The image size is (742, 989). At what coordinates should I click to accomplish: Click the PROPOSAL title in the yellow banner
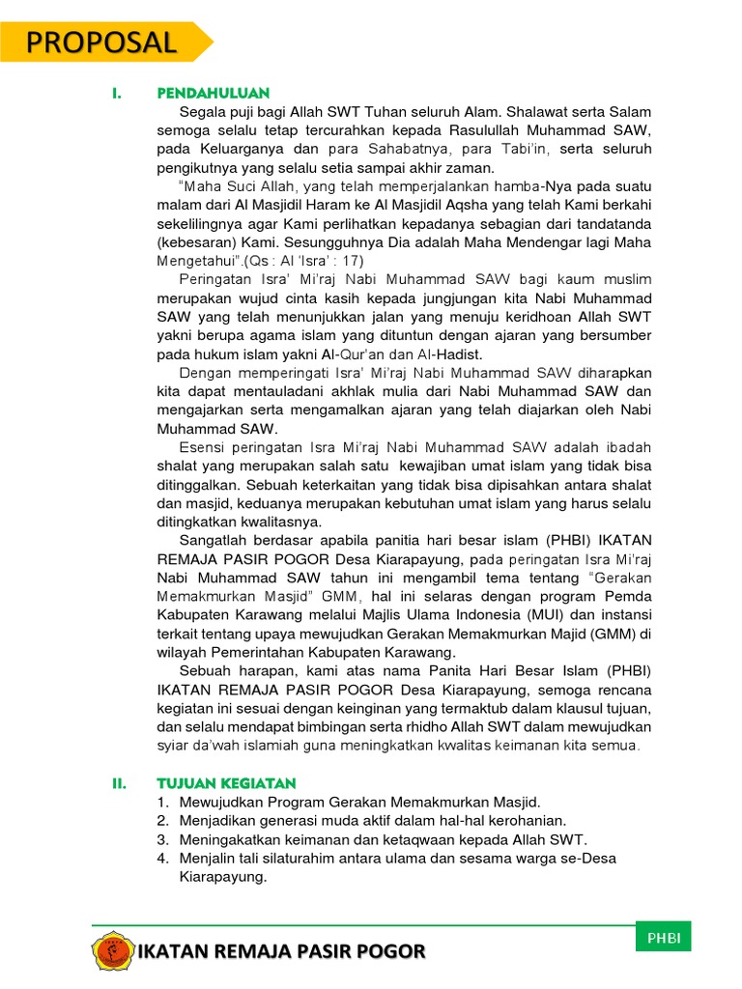coord(101,42)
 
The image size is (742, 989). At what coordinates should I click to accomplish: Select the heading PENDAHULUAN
coord(212,94)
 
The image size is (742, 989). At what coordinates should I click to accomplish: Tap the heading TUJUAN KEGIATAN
coord(226,783)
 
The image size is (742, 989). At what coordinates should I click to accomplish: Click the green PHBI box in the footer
coord(664,937)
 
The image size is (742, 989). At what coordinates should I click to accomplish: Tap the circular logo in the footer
coord(115,951)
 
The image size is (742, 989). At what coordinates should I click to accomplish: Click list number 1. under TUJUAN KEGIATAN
coord(163,803)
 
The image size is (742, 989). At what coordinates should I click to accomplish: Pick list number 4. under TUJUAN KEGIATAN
coord(163,858)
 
